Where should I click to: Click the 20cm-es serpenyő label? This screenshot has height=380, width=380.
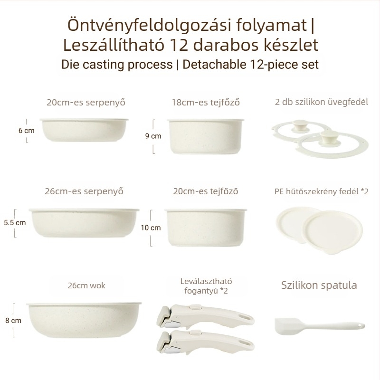[86, 102]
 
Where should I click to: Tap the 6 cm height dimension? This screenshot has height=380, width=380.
[27, 130]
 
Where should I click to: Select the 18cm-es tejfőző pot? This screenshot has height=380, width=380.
[206, 136]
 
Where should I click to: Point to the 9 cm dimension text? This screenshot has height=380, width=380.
[153, 136]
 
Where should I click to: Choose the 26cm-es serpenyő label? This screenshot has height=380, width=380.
[84, 191]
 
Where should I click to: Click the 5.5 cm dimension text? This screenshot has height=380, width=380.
[15, 222]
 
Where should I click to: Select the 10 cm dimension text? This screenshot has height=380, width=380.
[151, 228]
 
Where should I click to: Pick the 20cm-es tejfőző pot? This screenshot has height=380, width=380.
[206, 228]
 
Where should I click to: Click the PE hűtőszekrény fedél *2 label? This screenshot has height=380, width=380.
[322, 191]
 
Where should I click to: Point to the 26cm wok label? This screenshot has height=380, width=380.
[86, 285]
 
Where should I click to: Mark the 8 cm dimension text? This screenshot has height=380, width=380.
[13, 320]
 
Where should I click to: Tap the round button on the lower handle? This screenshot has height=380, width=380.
[194, 332]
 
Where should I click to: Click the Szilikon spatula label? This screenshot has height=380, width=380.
[319, 285]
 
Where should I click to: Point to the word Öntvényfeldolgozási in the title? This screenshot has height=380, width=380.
[149, 25]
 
